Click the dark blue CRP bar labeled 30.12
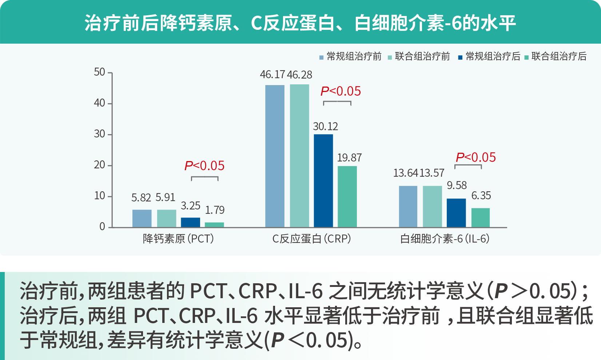coord(323,181)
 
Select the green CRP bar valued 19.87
coord(347,196)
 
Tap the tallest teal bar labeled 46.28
coord(299,156)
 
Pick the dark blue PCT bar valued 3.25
coord(190,222)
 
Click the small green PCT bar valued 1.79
coord(214,225)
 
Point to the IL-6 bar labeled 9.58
coord(456,213)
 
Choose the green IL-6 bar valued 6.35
coord(480,217)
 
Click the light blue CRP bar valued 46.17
coord(275,156)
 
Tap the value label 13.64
coord(405,173)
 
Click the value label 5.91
coord(166,197)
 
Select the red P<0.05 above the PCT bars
coord(204,166)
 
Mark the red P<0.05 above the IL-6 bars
coord(476,157)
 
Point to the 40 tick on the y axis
coord(99,103)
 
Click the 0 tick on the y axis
coord(102,227)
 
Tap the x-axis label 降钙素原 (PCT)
coord(178,239)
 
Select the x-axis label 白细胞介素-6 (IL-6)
coord(445,239)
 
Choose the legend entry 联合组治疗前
coord(422,56)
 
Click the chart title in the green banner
coord(300,23)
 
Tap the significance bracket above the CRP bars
coord(337,102)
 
